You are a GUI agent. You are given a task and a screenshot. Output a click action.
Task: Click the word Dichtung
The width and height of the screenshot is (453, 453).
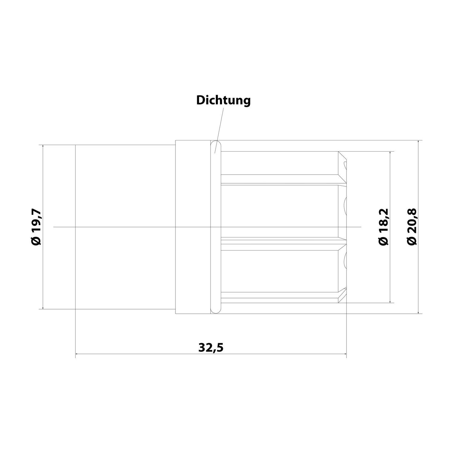223,100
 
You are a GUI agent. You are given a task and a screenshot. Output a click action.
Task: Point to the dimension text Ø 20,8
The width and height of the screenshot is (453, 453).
412,227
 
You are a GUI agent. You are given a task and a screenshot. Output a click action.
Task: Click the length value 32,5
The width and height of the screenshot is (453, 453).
211,348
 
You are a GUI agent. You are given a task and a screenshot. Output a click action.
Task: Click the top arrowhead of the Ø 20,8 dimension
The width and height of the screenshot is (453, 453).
418,142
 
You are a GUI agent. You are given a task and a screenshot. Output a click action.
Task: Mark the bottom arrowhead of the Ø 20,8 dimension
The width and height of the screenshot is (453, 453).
418,312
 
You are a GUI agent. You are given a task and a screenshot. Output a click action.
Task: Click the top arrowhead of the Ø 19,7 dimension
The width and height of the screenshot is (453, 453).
43,147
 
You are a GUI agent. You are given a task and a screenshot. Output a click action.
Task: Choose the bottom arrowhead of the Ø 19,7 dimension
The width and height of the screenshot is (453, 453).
43,307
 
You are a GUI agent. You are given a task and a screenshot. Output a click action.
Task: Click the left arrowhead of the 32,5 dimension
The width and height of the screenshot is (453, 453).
77,354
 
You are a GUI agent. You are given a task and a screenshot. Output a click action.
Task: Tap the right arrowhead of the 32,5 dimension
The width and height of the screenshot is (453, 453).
344,354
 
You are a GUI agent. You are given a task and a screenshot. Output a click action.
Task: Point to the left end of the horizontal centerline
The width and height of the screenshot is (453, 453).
54,227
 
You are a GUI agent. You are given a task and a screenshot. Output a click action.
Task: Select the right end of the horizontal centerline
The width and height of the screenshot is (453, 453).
361,227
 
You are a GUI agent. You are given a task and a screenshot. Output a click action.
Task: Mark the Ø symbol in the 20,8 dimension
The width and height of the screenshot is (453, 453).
412,242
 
